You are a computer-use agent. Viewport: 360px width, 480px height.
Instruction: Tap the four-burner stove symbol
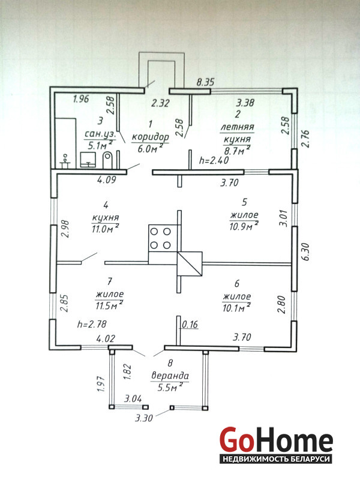(160, 238)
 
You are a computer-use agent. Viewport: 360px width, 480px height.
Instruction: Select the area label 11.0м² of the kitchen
(105, 229)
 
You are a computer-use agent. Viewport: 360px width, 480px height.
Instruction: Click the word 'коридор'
(151, 137)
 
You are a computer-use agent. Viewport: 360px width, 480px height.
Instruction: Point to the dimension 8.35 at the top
(205, 82)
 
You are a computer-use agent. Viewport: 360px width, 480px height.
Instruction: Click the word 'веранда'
(170, 376)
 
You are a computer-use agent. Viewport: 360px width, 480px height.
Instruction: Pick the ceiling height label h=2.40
(214, 160)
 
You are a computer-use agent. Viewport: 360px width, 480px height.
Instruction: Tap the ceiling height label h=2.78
(92, 324)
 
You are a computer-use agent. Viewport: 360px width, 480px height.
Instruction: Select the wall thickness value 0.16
(190, 324)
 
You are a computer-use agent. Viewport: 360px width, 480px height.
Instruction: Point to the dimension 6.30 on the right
(306, 251)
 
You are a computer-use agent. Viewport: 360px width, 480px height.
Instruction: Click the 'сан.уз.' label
(100, 134)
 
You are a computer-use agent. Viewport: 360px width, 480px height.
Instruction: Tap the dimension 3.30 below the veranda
(143, 418)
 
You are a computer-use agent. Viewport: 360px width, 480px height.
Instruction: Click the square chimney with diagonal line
(190, 264)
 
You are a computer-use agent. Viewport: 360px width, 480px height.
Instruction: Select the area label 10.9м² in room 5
(244, 226)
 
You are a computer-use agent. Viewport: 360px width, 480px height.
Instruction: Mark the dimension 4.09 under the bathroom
(106, 179)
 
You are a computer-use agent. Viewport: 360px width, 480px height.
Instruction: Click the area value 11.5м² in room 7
(109, 305)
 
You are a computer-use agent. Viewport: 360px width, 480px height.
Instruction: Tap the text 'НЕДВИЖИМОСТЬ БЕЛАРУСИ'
(276, 459)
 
